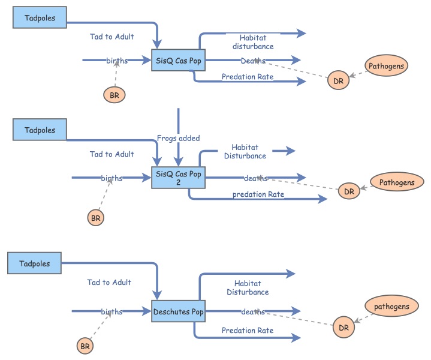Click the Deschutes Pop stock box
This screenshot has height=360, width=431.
(x=178, y=311)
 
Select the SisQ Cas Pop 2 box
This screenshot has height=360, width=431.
(x=178, y=177)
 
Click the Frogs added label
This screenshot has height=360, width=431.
(x=178, y=138)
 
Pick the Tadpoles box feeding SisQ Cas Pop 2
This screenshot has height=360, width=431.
(x=40, y=130)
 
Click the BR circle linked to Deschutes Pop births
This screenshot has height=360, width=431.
(x=85, y=346)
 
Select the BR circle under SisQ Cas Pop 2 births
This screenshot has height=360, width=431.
(x=95, y=217)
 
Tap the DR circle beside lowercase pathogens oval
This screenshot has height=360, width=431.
(x=343, y=328)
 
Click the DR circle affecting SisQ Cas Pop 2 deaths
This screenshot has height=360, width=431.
(x=349, y=191)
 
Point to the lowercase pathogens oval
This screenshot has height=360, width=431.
(x=391, y=307)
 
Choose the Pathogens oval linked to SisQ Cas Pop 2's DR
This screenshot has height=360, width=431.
(x=396, y=182)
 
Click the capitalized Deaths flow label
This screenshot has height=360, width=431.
(x=253, y=61)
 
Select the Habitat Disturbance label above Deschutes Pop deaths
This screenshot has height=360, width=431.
(x=247, y=287)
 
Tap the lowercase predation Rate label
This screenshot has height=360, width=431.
(x=258, y=194)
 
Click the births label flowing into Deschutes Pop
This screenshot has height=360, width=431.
(x=111, y=311)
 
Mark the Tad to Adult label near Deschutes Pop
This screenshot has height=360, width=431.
(x=109, y=282)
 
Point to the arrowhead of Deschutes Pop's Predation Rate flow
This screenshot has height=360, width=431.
(x=296, y=338)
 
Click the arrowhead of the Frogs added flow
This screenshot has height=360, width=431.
(x=178, y=164)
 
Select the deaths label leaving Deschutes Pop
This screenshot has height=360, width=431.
(x=253, y=311)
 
